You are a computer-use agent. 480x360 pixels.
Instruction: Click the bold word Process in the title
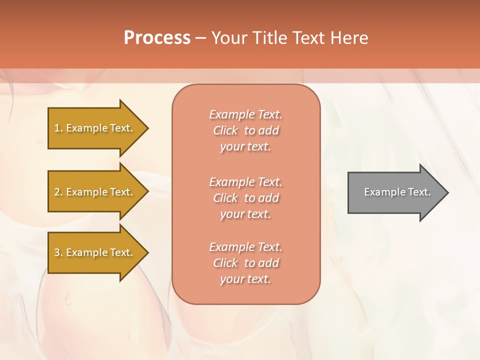157,38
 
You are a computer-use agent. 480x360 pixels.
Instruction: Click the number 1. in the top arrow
58,128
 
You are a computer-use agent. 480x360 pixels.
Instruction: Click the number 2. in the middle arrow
58,192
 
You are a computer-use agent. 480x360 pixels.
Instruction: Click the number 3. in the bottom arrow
58,252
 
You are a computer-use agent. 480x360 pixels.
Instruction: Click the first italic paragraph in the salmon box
245,130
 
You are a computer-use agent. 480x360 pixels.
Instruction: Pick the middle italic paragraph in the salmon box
245,198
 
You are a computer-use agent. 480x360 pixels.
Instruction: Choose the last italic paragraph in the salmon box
245,263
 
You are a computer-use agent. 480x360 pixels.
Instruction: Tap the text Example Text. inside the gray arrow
397,192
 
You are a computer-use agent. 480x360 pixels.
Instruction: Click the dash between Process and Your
201,38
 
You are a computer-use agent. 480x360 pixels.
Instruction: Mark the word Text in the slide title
308,38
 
